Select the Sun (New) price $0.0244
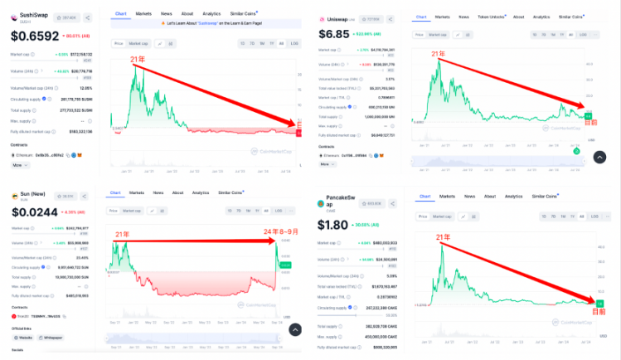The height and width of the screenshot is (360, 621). (x=34, y=212)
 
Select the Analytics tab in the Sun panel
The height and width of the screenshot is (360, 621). (x=201, y=192)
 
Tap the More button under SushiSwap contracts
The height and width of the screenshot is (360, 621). (x=17, y=165)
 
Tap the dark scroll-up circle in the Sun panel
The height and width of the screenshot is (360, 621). (x=295, y=329)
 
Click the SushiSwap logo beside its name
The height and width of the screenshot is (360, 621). (x=14, y=16)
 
